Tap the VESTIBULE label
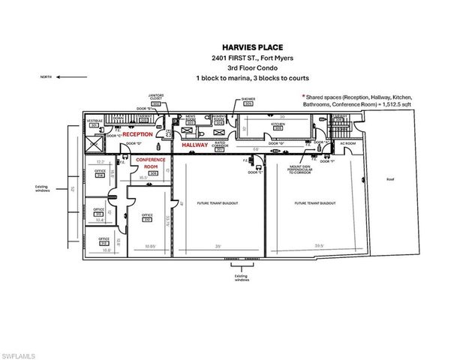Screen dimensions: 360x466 [95, 121]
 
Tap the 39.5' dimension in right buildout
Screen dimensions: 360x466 [319, 244]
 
